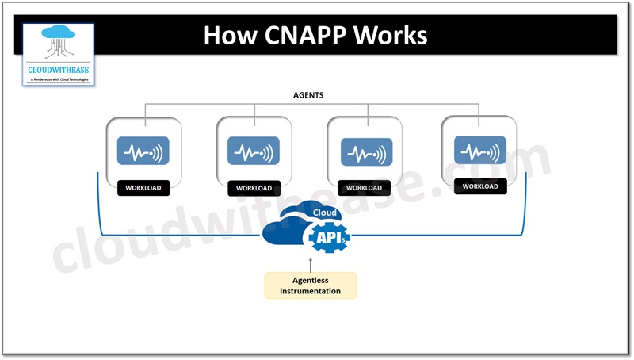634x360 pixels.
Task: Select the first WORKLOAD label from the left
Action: coord(143,188)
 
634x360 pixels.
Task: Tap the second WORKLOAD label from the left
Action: coord(254,188)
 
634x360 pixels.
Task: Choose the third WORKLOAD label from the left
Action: coord(364,188)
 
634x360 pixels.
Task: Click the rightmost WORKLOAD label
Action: coord(480,186)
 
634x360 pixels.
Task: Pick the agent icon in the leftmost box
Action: coord(143,151)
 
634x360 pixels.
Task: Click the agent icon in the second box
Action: coord(254,151)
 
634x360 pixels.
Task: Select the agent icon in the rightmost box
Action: coord(480,149)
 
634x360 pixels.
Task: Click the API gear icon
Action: coord(328,236)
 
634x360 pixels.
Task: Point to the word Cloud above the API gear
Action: coord(326,213)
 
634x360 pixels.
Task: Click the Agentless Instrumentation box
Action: coord(311,285)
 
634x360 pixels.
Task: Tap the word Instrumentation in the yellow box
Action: coord(311,291)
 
